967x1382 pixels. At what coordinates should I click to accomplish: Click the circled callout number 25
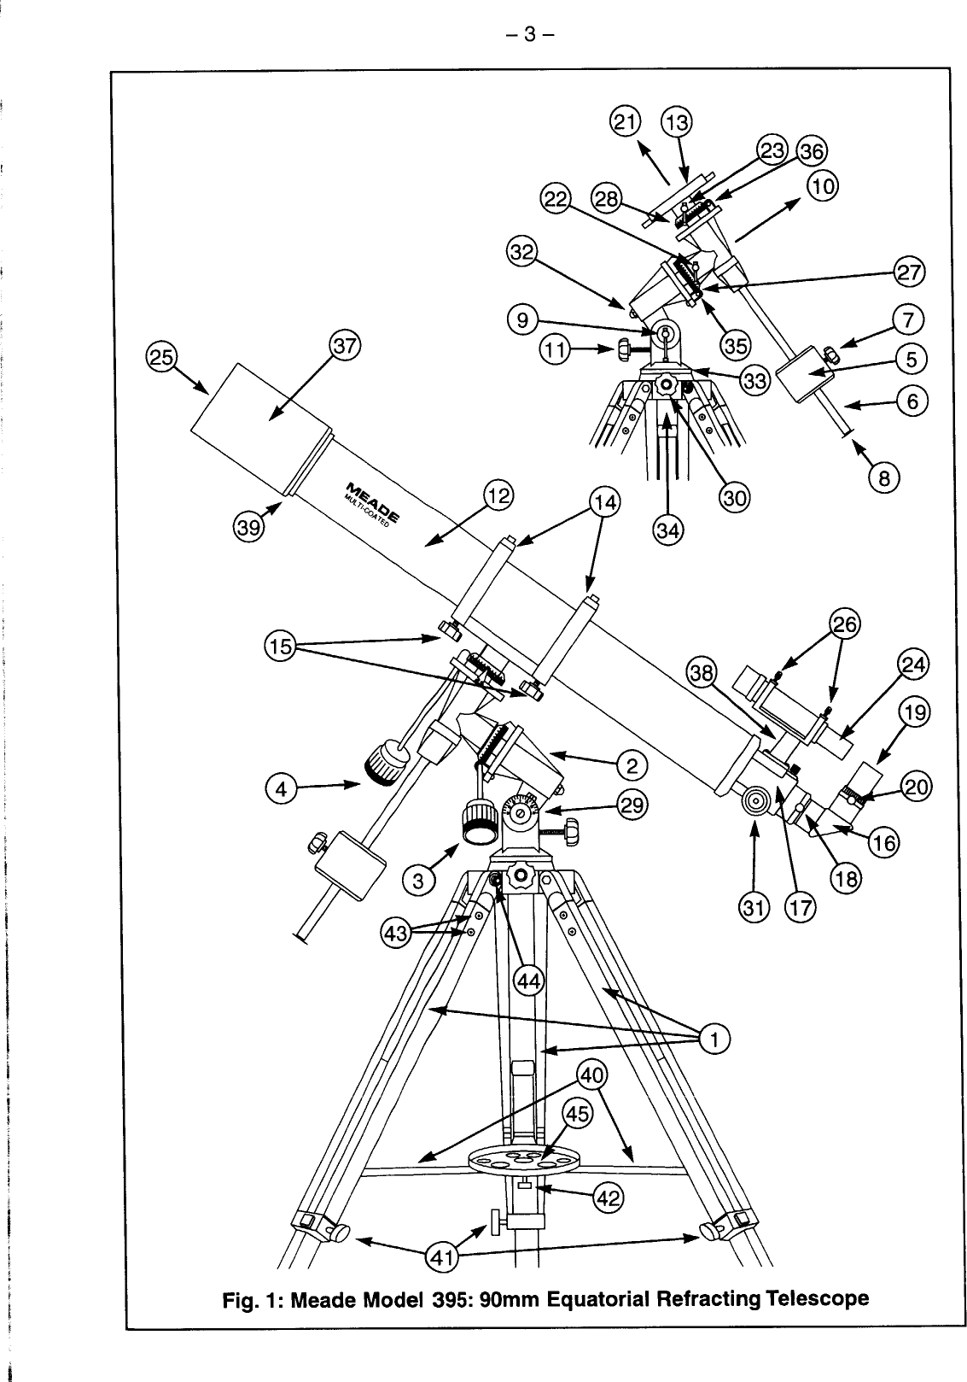[160, 355]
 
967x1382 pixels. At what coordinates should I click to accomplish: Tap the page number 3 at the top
[529, 35]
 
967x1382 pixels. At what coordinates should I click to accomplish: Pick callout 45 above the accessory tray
[580, 1115]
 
